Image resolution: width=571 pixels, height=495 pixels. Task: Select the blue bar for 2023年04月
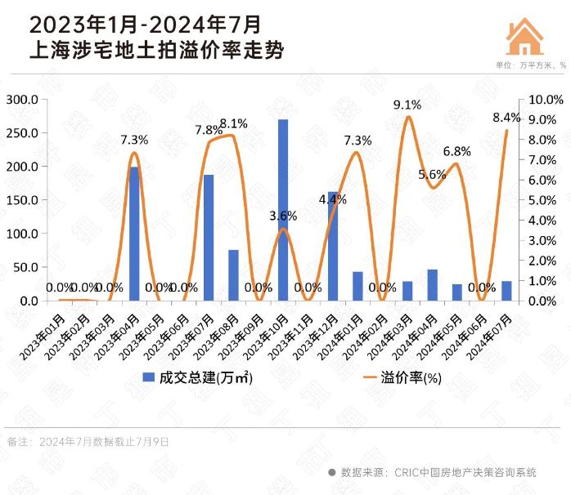click(134, 234)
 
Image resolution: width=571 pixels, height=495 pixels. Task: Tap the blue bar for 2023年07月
click(209, 238)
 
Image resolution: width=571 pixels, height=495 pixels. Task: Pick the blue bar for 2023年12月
click(333, 246)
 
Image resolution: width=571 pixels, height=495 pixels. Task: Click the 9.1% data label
click(407, 105)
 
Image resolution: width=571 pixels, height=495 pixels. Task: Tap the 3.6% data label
click(283, 216)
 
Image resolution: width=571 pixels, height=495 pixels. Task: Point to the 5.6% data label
click(431, 174)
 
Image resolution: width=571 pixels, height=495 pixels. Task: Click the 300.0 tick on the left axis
click(22, 99)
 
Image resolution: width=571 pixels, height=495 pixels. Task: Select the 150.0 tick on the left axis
click(22, 199)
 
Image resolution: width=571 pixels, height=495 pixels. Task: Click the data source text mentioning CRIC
click(438, 471)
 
